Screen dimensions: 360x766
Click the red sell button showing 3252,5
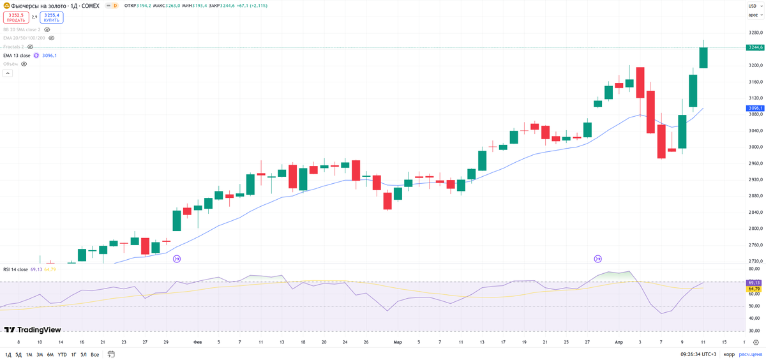[x=16, y=17]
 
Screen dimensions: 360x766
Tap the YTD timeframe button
[x=62, y=354]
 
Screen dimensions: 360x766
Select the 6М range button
[x=50, y=354]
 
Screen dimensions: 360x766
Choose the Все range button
[x=94, y=354]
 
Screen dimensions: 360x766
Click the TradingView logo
[x=33, y=330]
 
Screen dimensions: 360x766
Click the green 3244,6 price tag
[x=755, y=47]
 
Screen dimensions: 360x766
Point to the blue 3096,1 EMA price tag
[x=755, y=109]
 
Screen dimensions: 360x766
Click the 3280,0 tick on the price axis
[x=755, y=33]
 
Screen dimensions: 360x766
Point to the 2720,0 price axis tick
[x=755, y=261]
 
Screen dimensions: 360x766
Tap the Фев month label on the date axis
[x=197, y=342]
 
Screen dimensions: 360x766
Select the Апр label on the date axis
[x=619, y=342]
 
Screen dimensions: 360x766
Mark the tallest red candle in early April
[x=650, y=112]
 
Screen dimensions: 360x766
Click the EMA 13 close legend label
[x=17, y=56]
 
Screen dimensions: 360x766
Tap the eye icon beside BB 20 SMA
[x=47, y=29]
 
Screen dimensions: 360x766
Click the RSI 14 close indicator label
[x=15, y=269]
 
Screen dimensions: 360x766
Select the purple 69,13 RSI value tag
[x=754, y=282]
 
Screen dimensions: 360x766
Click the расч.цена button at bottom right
[x=752, y=354]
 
